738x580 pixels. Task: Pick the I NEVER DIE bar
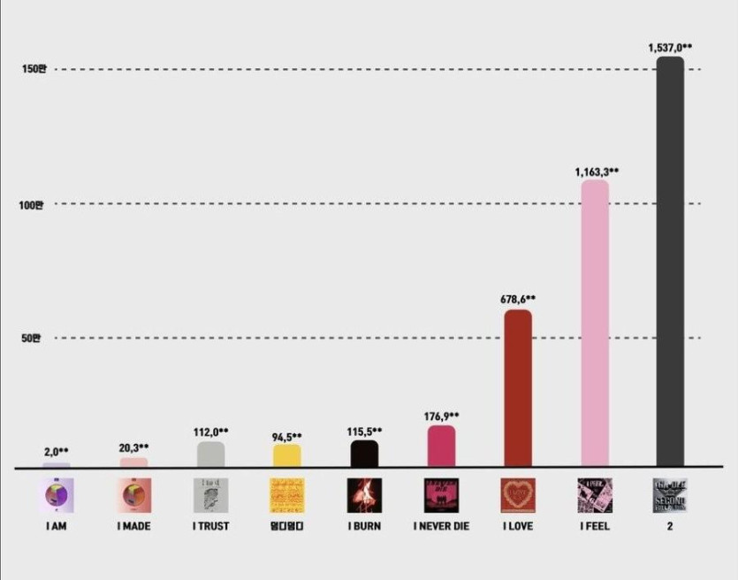point(441,446)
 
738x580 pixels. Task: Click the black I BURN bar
point(364,453)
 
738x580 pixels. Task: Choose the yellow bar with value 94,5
point(286,454)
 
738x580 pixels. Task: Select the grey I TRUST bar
point(210,454)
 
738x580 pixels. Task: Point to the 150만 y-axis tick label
point(33,70)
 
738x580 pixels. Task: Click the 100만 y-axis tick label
point(33,204)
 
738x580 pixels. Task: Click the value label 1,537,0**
point(670,48)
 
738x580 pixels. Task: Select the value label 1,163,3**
point(597,172)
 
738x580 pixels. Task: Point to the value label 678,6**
point(518,300)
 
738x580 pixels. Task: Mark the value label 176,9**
point(441,416)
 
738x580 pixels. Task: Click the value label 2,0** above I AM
point(57,452)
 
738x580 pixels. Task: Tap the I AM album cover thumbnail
point(59,495)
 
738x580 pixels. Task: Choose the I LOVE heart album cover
point(518,495)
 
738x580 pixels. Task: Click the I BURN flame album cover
point(364,495)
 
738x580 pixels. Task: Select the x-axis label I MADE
point(133,526)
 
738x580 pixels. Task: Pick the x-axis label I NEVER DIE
point(441,526)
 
